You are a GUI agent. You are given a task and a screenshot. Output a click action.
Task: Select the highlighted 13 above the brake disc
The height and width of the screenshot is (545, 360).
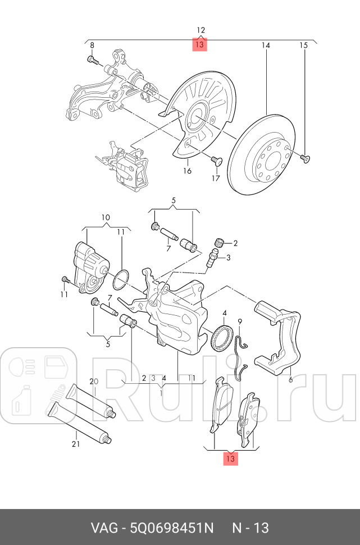200,44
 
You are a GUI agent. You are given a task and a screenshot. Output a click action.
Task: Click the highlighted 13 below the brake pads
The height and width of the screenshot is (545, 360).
230,458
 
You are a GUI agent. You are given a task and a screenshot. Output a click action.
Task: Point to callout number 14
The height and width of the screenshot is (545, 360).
266,44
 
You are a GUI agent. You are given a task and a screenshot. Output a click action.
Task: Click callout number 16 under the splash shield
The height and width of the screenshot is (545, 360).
187,171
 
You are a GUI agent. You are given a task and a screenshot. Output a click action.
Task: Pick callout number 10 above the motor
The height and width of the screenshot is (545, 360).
106,217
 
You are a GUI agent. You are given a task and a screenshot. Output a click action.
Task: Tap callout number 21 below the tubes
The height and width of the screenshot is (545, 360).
76,444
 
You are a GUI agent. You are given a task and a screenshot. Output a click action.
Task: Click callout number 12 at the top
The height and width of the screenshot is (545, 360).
200,30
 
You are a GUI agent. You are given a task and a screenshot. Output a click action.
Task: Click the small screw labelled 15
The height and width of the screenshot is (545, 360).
304,158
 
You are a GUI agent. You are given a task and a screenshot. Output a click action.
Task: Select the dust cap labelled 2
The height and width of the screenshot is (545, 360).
220,243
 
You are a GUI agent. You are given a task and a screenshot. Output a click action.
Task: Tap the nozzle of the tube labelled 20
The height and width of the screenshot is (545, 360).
113,415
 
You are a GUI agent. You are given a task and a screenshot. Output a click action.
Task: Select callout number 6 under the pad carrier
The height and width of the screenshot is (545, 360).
290,380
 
